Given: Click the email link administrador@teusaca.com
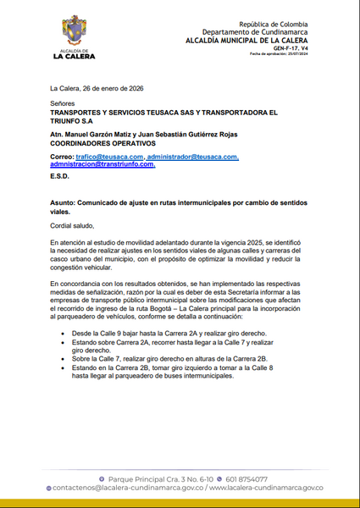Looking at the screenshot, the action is pos(192,157).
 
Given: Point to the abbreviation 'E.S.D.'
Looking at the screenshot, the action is pos(60,178).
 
